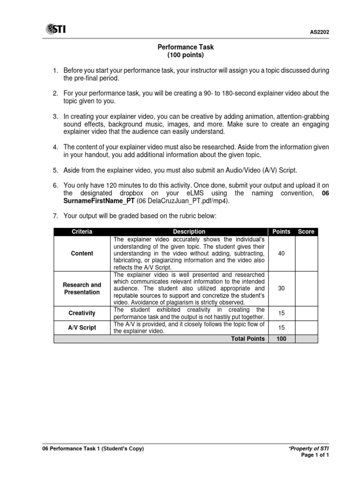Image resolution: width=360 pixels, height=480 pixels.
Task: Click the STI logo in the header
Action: point(55,30)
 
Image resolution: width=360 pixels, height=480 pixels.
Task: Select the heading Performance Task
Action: point(185,47)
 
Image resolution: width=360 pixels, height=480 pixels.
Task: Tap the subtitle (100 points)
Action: point(186,55)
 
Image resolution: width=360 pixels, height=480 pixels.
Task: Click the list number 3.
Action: point(55,116)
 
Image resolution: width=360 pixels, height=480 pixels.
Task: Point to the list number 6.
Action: point(55,185)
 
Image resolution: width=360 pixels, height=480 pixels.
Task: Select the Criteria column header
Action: point(82,232)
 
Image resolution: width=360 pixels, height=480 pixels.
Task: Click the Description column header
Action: point(189,232)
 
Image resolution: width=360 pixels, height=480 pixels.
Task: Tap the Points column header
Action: point(281,232)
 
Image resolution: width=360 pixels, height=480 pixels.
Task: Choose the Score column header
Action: point(306,232)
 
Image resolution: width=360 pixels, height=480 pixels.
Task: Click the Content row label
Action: point(82,253)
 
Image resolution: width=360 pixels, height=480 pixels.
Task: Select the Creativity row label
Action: point(82,313)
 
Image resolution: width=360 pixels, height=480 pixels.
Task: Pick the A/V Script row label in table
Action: point(82,327)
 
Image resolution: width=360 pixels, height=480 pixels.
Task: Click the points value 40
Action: point(281,253)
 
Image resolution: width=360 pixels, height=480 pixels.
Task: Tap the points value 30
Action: point(281,288)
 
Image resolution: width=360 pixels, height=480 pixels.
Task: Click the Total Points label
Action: point(247,338)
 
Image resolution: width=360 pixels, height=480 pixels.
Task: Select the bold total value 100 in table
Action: point(281,338)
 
